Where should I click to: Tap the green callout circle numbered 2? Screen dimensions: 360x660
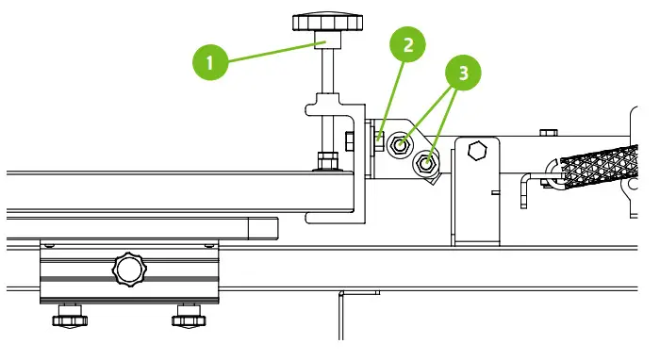(406, 44)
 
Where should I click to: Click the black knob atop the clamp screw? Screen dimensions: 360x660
(323, 22)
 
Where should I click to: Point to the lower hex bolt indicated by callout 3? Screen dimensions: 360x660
(426, 164)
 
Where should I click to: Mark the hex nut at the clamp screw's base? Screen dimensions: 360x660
(327, 160)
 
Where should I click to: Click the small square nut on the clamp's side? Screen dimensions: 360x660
(349, 141)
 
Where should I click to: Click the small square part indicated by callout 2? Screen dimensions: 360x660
(378, 139)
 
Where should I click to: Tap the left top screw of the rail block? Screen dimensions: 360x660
(50, 244)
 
